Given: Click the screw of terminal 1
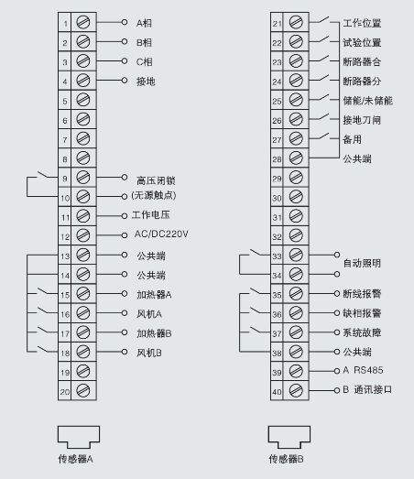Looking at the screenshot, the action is coord(83,22).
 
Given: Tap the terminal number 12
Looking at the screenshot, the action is coord(65,237).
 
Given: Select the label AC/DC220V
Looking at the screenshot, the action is coord(161,234).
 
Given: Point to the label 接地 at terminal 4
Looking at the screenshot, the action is coord(146,82).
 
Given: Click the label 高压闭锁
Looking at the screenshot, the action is coord(156,180).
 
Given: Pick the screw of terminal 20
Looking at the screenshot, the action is coord(82,390).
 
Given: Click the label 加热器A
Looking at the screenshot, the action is coord(154,295).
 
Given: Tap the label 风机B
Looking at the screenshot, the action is coord(149,353).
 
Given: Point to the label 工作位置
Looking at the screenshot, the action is coord(362,23).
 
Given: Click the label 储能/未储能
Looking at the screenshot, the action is coord(367,101).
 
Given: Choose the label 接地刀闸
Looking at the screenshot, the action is coord(362,120).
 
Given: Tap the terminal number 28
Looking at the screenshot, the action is coord(278,159).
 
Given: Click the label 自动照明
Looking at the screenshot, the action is coord(362,263).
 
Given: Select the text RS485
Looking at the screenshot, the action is coord(368,370).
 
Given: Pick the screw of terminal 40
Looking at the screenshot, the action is coord(296,390).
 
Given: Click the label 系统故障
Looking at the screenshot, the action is coord(362,332).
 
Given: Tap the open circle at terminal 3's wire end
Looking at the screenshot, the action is coord(125,61).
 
